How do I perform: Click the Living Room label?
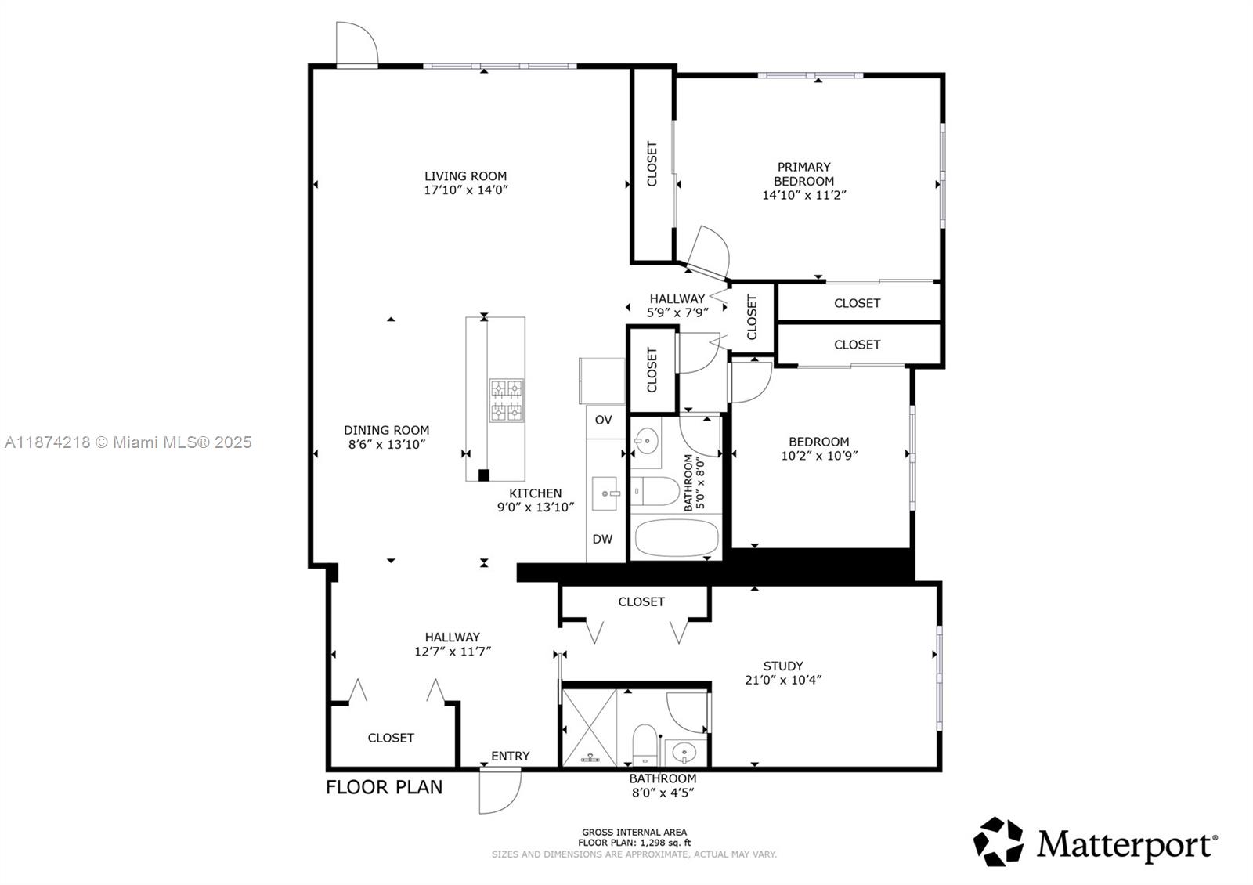click(465, 176)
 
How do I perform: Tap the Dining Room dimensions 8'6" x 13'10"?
click(387, 444)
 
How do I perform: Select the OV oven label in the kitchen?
click(603, 420)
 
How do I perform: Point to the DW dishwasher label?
click(602, 539)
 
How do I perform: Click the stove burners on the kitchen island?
click(507, 400)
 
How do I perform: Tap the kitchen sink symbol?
click(608, 494)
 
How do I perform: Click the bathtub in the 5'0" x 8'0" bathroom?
click(676, 538)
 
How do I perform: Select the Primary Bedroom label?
click(803, 174)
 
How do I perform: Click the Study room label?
click(783, 666)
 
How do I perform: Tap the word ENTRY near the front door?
click(511, 756)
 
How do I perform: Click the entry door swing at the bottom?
click(500, 791)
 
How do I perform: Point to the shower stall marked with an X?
click(590, 724)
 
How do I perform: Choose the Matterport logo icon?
click(998, 842)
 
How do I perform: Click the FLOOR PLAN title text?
click(384, 787)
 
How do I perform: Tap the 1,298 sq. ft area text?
click(665, 843)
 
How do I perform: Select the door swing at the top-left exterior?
click(356, 43)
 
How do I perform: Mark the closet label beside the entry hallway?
click(391, 738)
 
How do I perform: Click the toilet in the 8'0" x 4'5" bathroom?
click(645, 743)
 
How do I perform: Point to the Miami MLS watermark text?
click(128, 442)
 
